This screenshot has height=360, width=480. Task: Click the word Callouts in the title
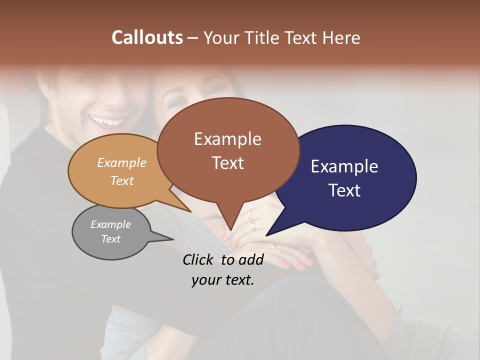pos(147,37)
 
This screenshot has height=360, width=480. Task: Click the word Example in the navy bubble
pos(344,166)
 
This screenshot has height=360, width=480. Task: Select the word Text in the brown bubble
pos(228,163)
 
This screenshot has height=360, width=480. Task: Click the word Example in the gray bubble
pos(110,224)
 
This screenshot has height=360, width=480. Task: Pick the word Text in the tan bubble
pos(122,180)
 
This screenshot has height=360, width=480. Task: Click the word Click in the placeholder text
pos(198,259)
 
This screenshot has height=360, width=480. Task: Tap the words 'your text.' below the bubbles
pos(223,280)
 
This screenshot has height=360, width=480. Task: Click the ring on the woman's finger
pos(250,216)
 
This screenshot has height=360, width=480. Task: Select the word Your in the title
pos(222,38)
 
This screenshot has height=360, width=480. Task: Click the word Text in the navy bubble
pos(345,190)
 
